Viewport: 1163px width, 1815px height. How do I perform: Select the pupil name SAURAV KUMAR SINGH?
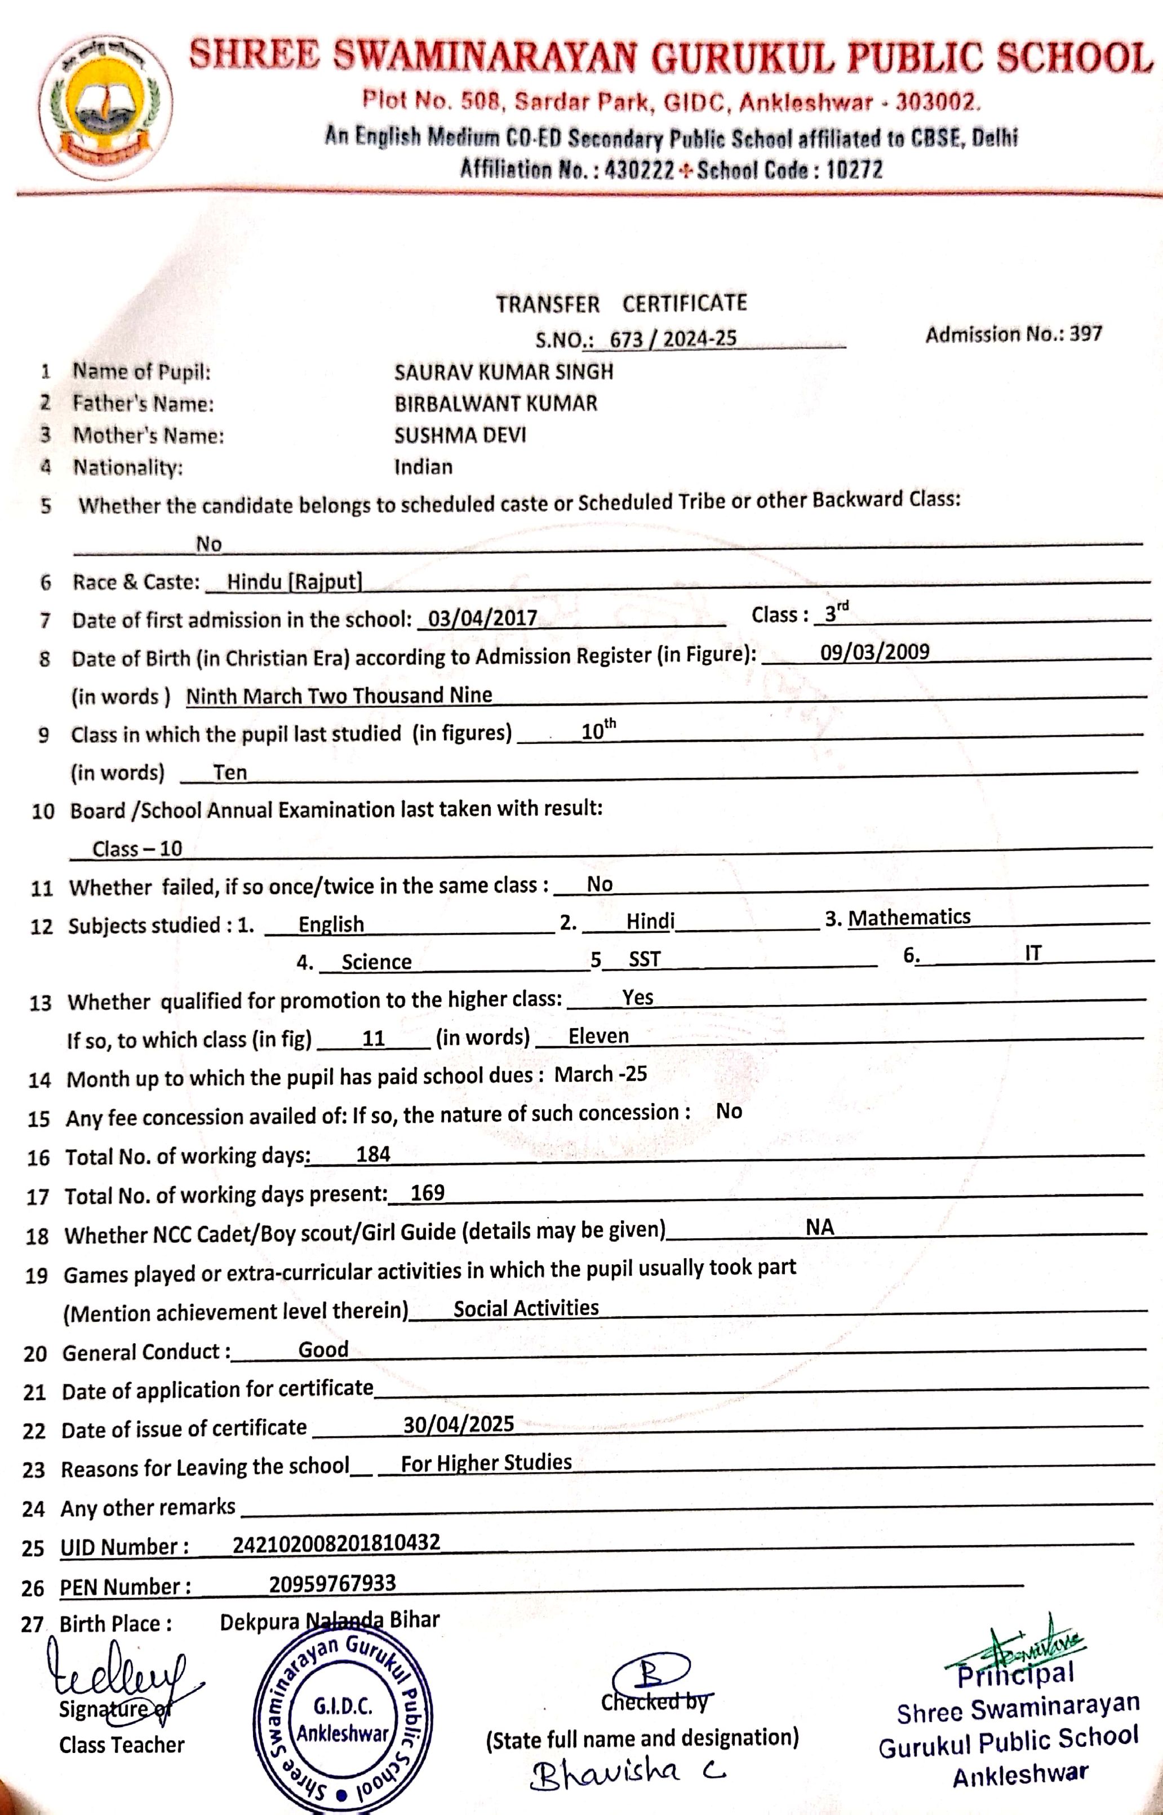point(503,371)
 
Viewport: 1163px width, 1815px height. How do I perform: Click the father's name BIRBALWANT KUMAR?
point(495,404)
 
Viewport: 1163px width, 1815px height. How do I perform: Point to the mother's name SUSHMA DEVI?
point(460,435)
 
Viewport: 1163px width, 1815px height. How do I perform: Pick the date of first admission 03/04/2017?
point(482,618)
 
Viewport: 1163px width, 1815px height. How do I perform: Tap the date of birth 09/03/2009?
point(875,652)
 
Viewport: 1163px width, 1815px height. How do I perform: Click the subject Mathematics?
point(909,917)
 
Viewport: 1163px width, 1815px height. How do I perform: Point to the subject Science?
point(376,962)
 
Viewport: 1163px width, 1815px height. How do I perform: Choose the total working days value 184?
point(373,1154)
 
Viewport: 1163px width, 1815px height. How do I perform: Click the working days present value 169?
point(428,1193)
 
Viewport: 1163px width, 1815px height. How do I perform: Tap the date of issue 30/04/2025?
point(459,1424)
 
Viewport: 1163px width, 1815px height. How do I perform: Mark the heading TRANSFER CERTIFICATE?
point(621,304)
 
